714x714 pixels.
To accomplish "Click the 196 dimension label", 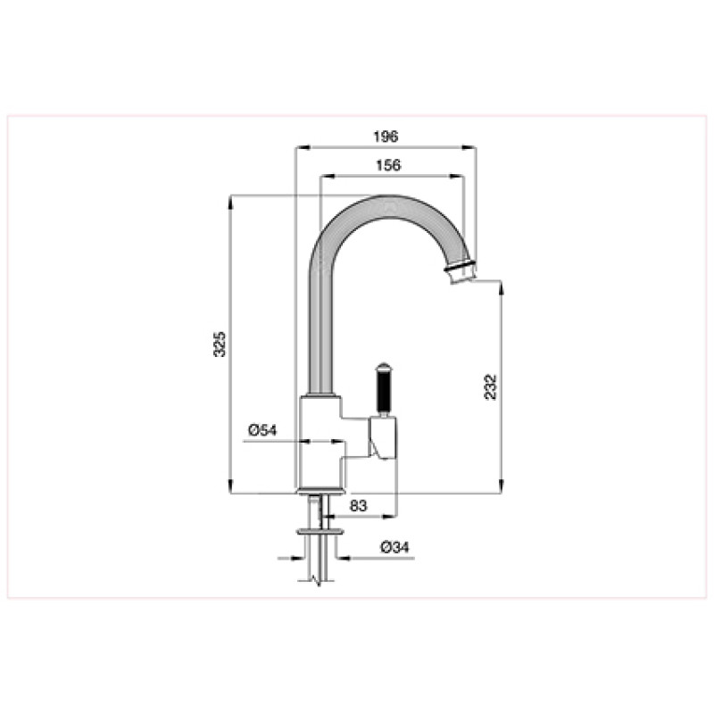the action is coord(386,137).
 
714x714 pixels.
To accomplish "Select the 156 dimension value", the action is coord(388,165).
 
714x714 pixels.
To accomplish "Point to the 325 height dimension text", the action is coord(220,345).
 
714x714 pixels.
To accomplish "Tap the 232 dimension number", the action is coord(490,386).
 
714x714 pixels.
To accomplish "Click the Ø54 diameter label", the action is coord(262,430).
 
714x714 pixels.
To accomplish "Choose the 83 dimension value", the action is coord(358,505).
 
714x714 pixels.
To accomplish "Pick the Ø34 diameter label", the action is coord(394,547).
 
